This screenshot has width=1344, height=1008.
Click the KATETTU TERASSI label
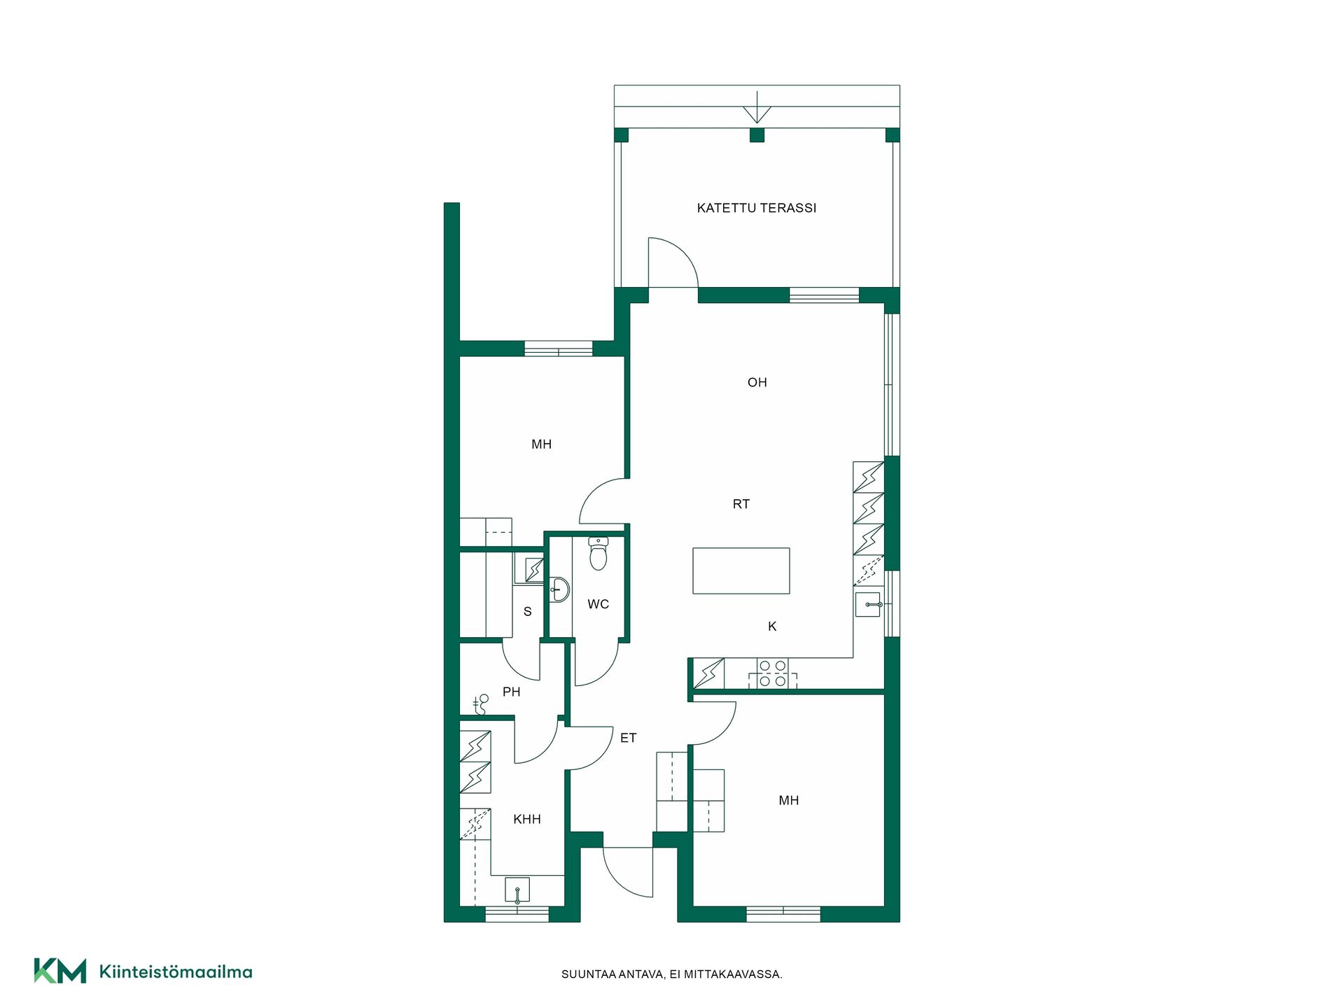pos(757,208)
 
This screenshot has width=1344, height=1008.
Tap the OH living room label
pos(757,382)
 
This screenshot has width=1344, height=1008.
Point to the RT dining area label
pos(741,504)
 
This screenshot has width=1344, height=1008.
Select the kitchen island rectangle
pos(741,570)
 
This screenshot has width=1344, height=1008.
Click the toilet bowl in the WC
pos(598,554)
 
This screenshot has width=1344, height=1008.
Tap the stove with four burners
pos(773,673)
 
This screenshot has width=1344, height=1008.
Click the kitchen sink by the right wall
pos(868,604)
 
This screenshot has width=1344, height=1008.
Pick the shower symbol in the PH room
pos(481,703)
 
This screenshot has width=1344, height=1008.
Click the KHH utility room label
pos(527,819)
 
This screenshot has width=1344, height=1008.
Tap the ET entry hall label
pos(629,738)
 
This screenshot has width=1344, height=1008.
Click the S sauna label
pos(528,612)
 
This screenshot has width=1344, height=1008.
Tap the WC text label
pos(598,604)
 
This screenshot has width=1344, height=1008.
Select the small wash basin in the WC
pos(559,589)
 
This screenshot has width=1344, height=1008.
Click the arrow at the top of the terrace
pos(757,106)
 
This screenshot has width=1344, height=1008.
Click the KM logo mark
pos(60,971)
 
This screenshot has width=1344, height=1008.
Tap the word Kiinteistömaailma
pos(176,972)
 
